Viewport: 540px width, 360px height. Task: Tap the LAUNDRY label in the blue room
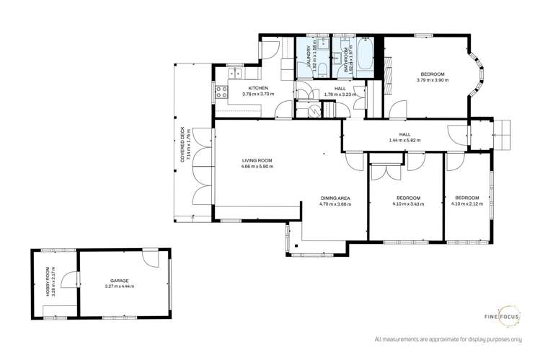(x=308, y=55)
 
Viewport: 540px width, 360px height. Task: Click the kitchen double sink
(x=236, y=71)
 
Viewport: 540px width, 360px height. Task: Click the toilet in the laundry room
(x=322, y=69)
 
